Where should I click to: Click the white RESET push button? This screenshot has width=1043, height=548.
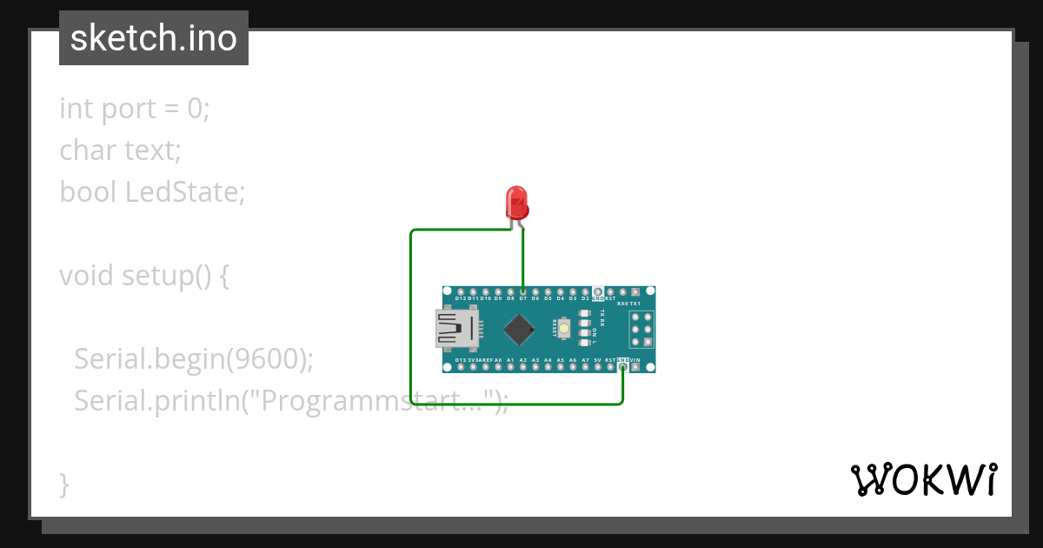point(566,329)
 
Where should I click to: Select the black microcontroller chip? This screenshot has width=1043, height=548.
point(519,329)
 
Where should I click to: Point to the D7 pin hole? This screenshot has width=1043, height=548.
point(522,291)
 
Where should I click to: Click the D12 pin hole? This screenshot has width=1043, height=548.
point(460,291)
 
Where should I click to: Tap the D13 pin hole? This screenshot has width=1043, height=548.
point(460,367)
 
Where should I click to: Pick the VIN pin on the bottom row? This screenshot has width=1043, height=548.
point(635,367)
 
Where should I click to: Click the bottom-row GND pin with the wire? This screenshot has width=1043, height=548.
point(622,367)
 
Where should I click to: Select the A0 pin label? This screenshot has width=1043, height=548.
point(498,359)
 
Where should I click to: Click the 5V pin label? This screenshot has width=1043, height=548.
point(597,359)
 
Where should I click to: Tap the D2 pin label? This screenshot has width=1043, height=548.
point(585,298)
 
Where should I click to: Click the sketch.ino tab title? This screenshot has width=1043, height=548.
point(154,38)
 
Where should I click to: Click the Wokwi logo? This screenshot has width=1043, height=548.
point(923,479)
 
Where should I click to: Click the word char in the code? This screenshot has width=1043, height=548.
point(88,150)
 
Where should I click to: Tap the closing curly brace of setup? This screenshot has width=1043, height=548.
point(64,484)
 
